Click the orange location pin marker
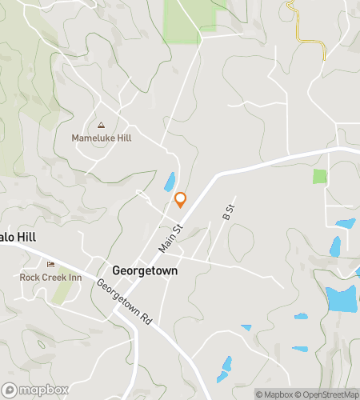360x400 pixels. tap(181, 199)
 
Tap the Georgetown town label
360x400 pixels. tap(145, 270)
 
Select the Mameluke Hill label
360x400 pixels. tap(102, 138)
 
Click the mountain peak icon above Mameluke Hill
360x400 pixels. tap(101, 125)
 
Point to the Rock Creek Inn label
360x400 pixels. tap(50, 277)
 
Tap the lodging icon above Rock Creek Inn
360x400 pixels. tap(51, 265)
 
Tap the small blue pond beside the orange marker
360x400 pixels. tap(170, 182)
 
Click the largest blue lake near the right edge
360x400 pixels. tap(342, 298)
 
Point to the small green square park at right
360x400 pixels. tap(320, 176)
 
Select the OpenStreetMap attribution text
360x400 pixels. tap(329, 394)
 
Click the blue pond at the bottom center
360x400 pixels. tap(225, 368)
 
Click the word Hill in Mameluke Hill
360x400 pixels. tap(122, 138)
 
